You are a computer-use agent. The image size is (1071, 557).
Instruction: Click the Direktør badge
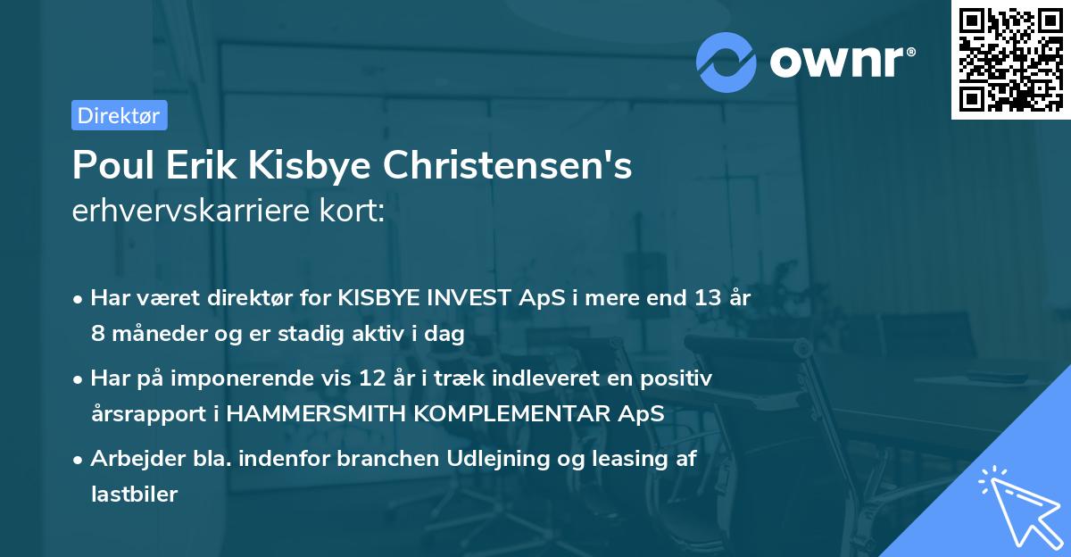(x=119, y=115)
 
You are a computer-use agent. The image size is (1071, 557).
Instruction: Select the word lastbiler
(x=134, y=495)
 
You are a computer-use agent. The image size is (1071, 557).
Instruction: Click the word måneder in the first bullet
(x=148, y=334)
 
